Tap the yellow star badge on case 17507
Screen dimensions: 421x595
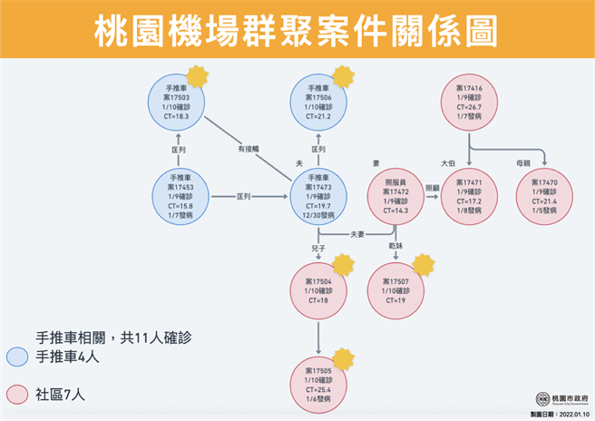(x=422, y=265)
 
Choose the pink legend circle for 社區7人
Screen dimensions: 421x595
(x=16, y=393)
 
